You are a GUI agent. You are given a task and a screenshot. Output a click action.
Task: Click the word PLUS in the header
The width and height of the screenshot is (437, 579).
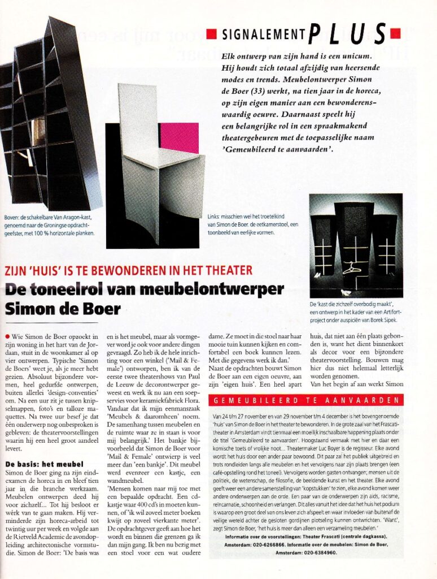point(347,33)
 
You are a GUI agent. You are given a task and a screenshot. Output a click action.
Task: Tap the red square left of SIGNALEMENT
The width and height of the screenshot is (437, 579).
point(211,34)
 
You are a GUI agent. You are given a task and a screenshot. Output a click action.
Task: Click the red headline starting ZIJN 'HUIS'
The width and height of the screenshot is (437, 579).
point(128,271)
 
